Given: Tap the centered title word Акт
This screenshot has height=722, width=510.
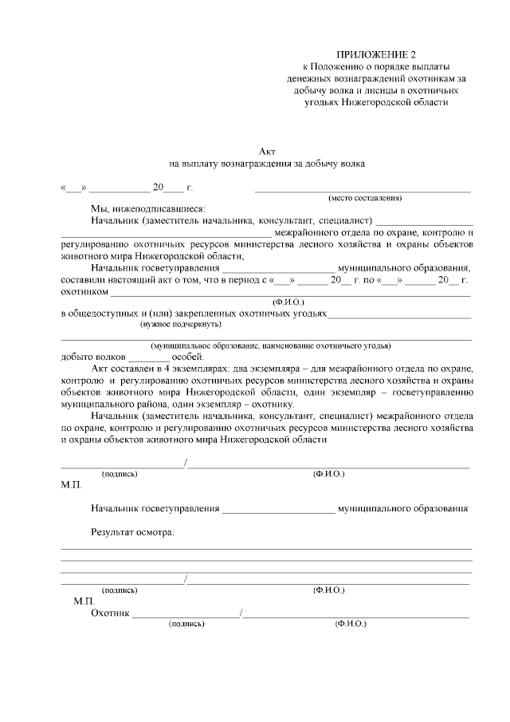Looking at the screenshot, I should coord(267,151).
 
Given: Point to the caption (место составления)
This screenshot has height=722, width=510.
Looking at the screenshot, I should coord(365,198).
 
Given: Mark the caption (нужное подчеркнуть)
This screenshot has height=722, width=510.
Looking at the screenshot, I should coord(181,325).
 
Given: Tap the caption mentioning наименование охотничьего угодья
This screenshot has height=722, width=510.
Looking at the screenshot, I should coord(272,346).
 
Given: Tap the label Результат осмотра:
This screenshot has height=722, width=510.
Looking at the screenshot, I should coord(132,531).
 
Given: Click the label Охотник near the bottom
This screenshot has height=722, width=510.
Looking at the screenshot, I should coord(110,614).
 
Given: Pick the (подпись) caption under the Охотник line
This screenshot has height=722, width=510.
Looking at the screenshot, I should coord(186,625).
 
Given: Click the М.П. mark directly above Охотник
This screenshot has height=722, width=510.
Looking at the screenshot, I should coord(84,600).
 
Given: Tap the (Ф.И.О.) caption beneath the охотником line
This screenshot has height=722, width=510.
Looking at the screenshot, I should coord(288,302).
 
